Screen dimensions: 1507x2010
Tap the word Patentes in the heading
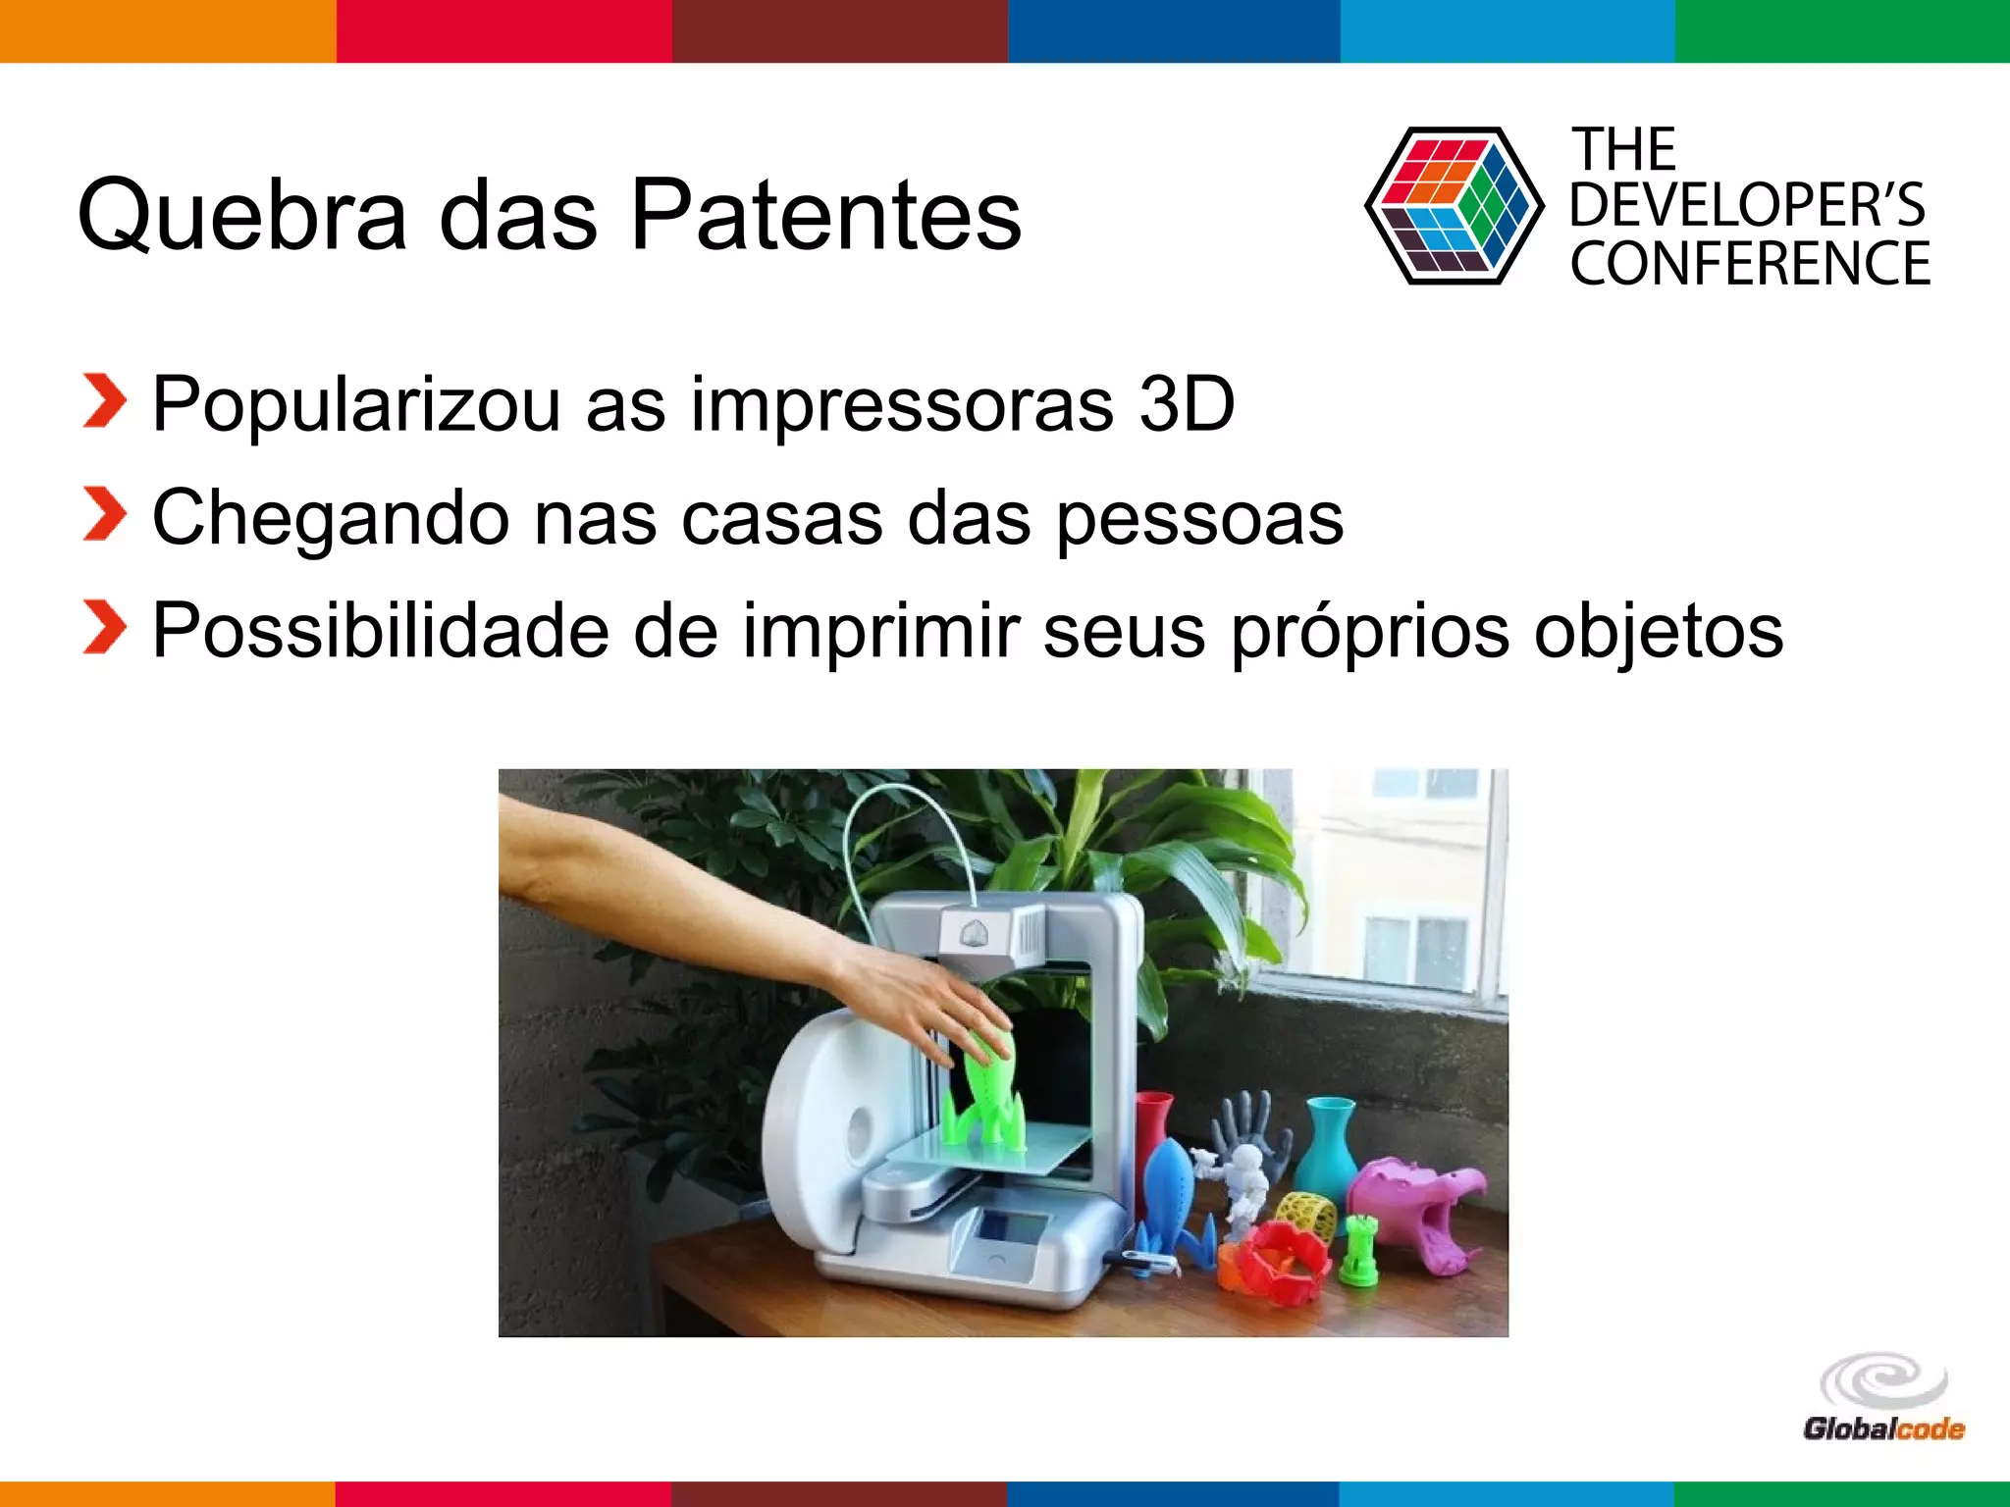point(824,214)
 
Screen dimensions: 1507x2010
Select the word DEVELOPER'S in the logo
point(1747,206)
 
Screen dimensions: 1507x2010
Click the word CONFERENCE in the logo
point(1750,264)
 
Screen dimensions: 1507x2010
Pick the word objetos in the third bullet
point(1659,633)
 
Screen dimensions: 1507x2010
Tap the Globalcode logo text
point(1883,1429)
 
